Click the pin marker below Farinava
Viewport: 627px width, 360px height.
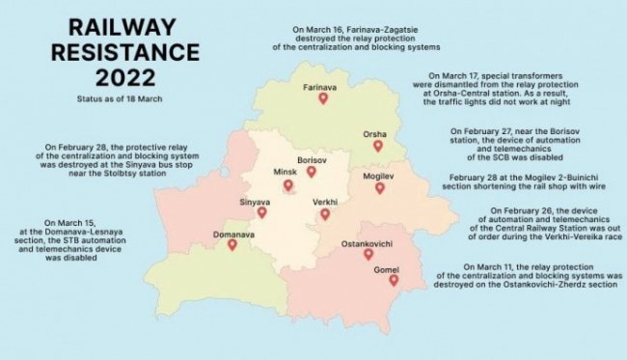(323, 98)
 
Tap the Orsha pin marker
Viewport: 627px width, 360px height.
(378, 147)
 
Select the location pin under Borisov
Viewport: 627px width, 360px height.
(312, 172)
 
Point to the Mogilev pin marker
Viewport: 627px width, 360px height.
(379, 188)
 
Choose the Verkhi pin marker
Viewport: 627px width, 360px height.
(325, 214)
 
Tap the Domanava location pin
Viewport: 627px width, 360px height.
(232, 245)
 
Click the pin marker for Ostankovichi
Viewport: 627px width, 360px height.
(368, 255)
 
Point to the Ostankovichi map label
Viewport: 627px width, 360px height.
(368, 243)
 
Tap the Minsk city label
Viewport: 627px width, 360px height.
(285, 171)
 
